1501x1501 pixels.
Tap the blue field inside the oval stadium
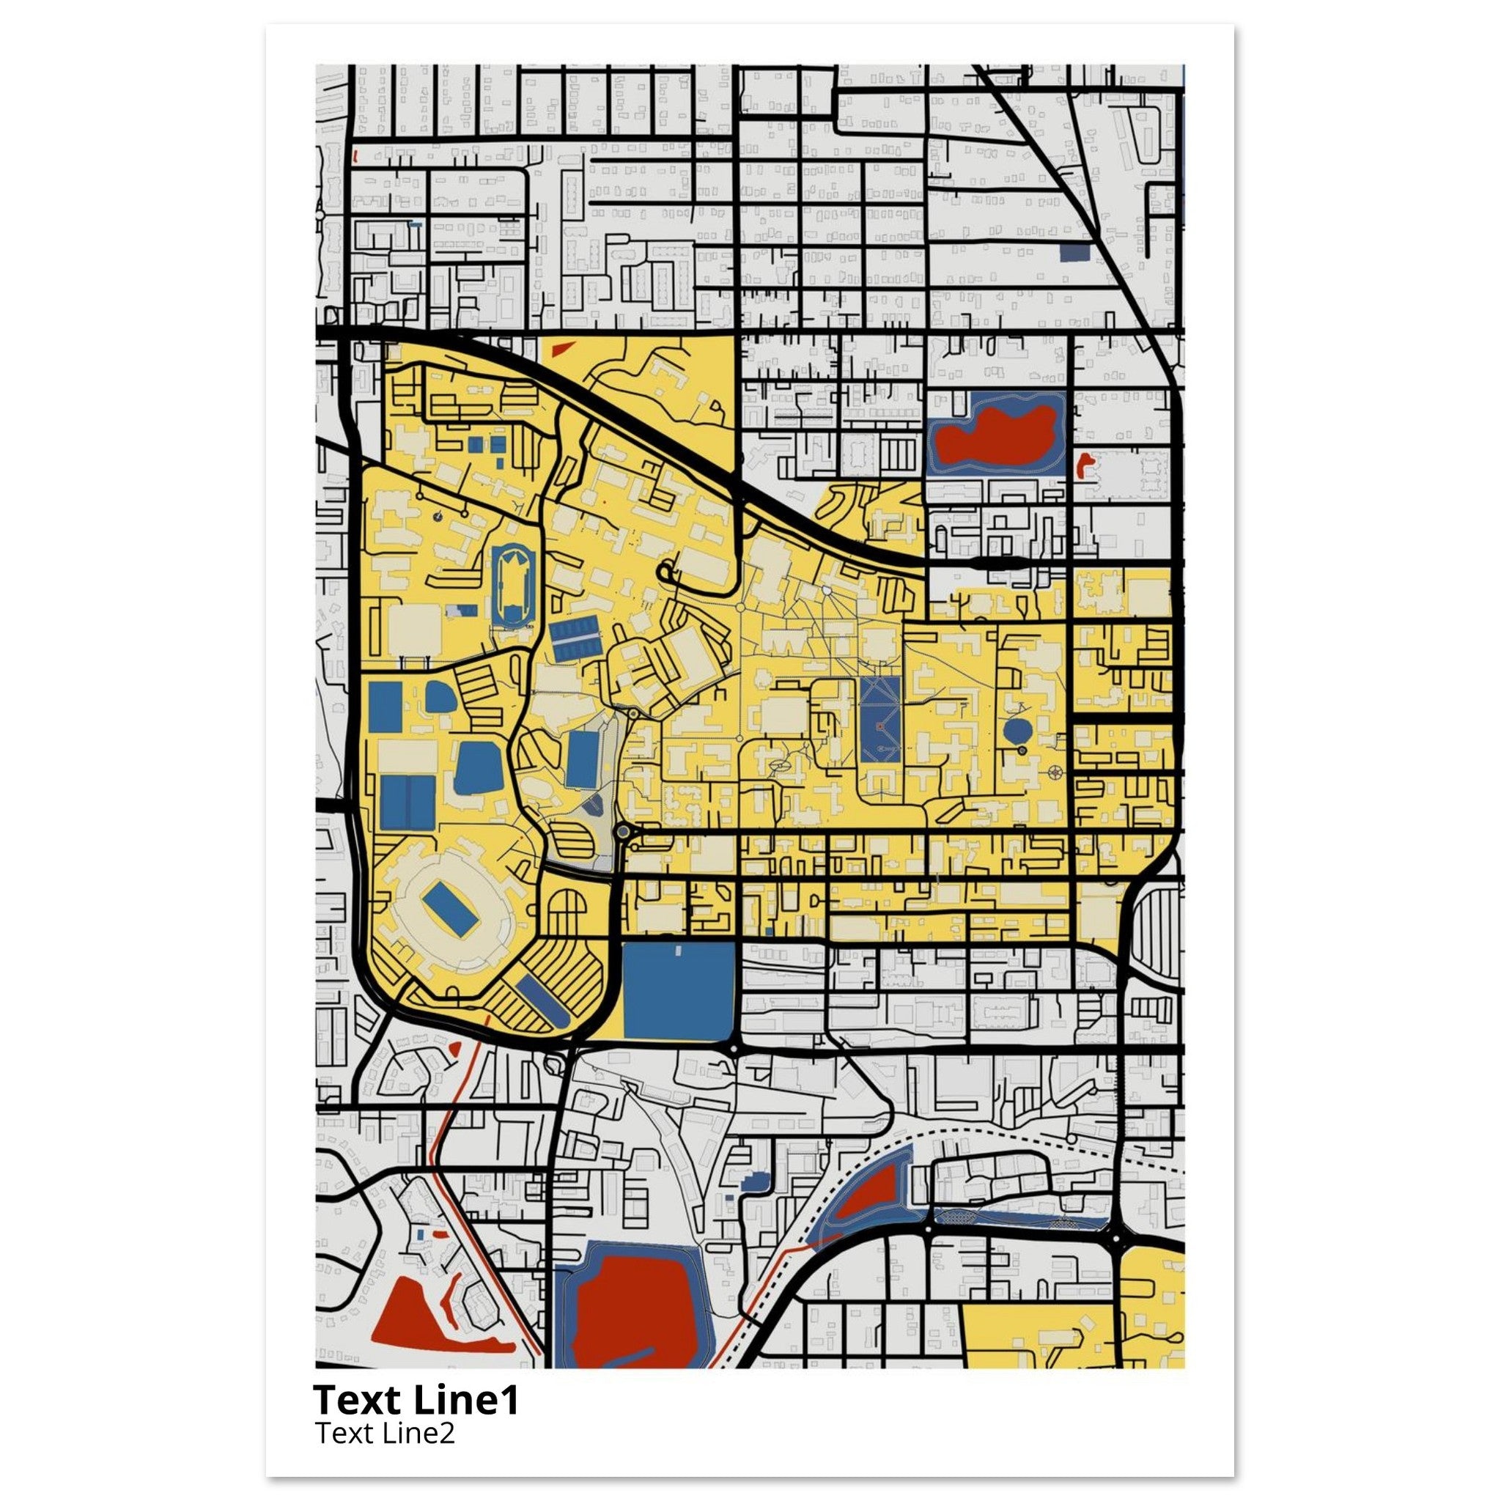(450, 910)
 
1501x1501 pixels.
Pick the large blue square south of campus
(678, 991)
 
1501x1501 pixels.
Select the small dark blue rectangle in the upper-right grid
(1074, 253)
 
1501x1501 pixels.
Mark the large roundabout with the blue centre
(622, 832)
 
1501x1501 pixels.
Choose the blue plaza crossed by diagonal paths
(880, 720)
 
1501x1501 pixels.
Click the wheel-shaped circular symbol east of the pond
(1055, 772)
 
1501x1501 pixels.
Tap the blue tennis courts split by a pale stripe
(575, 637)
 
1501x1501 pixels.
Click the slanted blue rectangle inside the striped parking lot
(542, 1000)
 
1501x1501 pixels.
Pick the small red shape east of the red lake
(1084, 465)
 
